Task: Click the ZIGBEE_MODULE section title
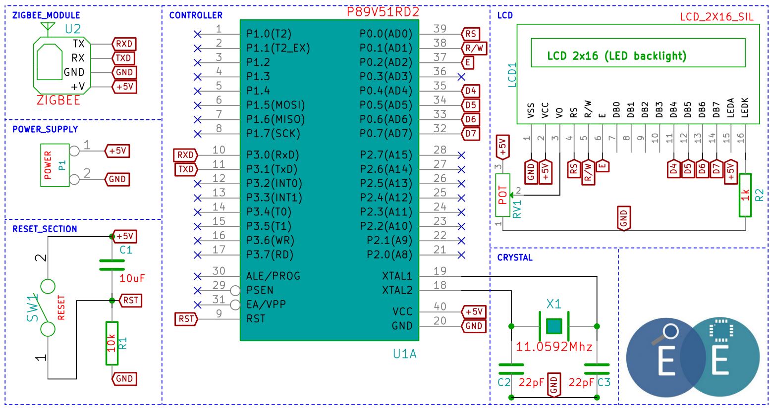[46, 15]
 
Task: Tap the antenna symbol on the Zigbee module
[48, 29]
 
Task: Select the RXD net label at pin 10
[185, 155]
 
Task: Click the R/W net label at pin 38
[474, 48]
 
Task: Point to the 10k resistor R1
[112, 343]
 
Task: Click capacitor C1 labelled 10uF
[112, 265]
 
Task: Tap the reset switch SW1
[48, 308]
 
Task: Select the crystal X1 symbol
[554, 326]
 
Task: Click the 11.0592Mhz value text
[554, 347]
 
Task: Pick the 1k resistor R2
[745, 195]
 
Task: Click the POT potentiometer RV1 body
[502, 195]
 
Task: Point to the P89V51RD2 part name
[383, 12]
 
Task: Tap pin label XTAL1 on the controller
[397, 276]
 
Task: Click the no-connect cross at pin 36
[461, 77]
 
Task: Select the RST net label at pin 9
[186, 319]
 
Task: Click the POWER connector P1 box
[55, 165]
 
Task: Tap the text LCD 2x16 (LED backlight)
[616, 56]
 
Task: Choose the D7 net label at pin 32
[470, 134]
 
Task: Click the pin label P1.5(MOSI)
[276, 105]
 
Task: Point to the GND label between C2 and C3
[554, 385]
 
